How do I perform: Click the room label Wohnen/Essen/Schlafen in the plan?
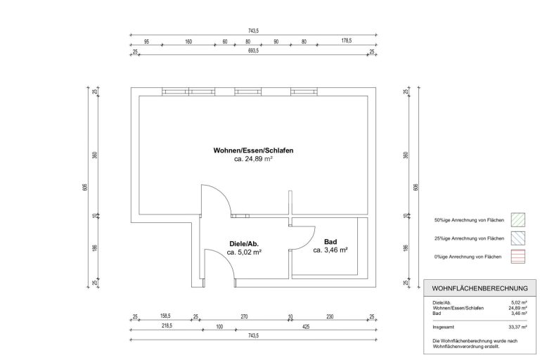[253, 150]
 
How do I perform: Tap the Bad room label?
[330, 242]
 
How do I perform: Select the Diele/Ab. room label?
[244, 244]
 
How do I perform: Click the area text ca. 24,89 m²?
[253, 159]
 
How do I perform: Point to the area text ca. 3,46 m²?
[330, 250]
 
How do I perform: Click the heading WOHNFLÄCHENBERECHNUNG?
[480, 288]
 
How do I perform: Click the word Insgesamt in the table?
[443, 327]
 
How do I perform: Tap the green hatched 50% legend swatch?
[517, 220]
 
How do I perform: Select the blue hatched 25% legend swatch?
[517, 238]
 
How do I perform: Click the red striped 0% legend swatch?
[517, 257]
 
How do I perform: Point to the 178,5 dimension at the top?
[347, 41]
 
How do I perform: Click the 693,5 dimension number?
[253, 51]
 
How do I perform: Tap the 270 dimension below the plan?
[244, 316]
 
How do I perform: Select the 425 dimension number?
[306, 326]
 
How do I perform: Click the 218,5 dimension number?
[167, 326]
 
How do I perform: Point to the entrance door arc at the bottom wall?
[227, 259]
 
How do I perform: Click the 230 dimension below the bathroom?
[330, 316]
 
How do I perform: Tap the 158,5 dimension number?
[165, 316]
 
